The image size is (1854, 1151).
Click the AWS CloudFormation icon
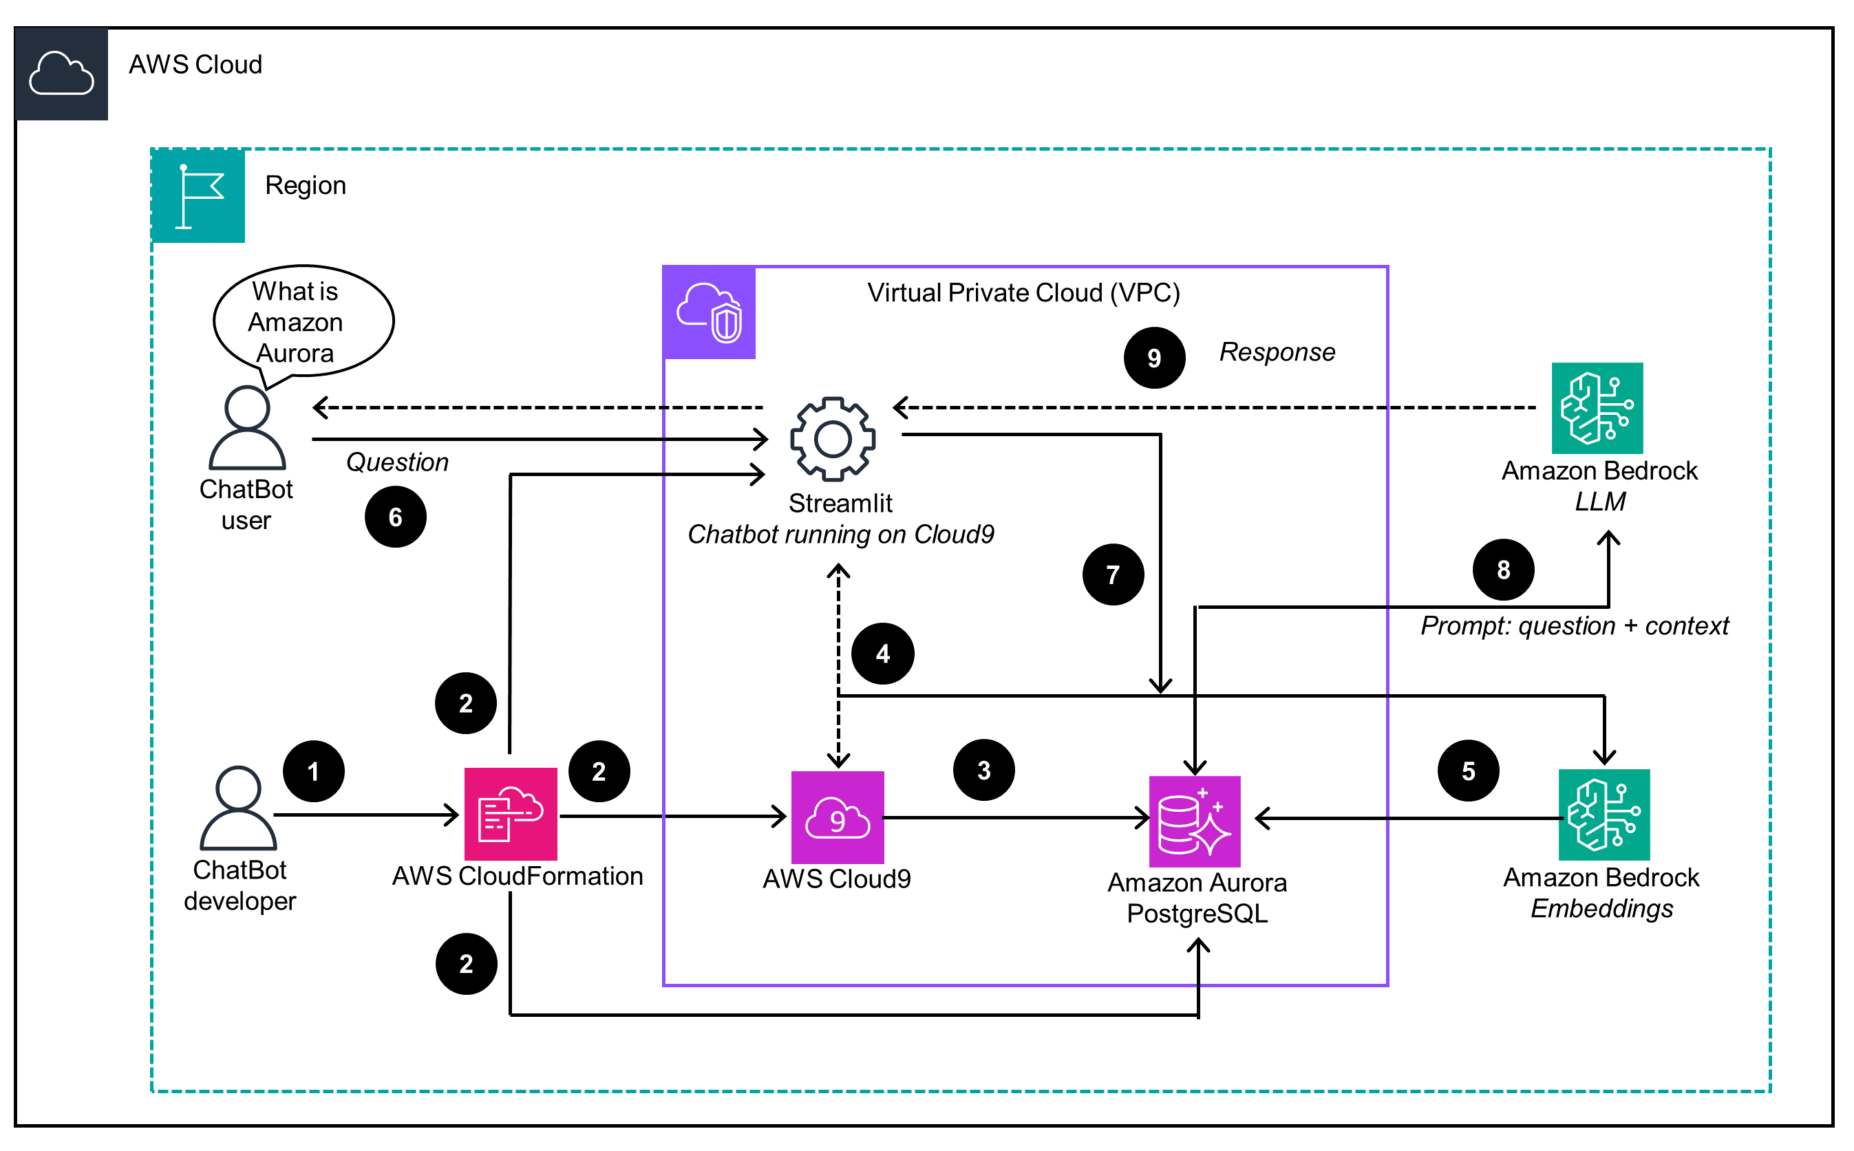[511, 815]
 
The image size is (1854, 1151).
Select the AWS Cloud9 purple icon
[838, 817]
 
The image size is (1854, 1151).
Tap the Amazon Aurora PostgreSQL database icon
[1195, 822]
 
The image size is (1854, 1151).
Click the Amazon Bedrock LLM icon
[1597, 408]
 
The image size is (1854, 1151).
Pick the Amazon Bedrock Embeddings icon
[1604, 815]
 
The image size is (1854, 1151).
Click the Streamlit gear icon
[833, 438]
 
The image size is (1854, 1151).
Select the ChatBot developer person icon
[238, 808]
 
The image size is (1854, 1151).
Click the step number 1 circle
[314, 771]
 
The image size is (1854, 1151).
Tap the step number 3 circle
[983, 770]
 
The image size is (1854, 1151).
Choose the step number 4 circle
[882, 653]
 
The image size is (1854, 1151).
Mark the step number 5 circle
[1469, 771]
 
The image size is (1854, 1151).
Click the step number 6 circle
[395, 517]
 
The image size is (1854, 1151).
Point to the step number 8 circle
[1504, 570]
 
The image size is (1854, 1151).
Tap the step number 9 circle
[1154, 358]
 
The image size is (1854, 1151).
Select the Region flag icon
[199, 196]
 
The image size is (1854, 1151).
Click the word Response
[1277, 352]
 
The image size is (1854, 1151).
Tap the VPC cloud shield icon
[710, 312]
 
